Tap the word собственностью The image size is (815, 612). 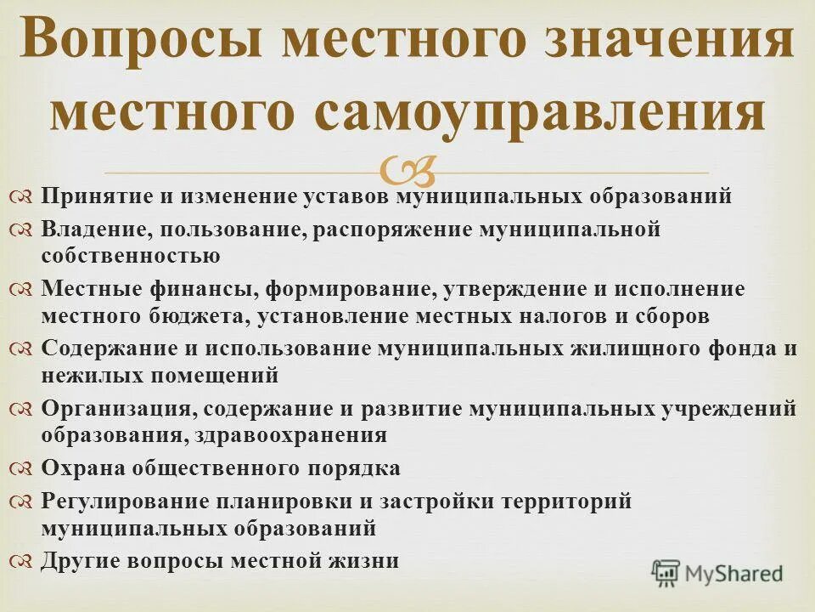[131, 255]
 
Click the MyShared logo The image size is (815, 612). [717, 574]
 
